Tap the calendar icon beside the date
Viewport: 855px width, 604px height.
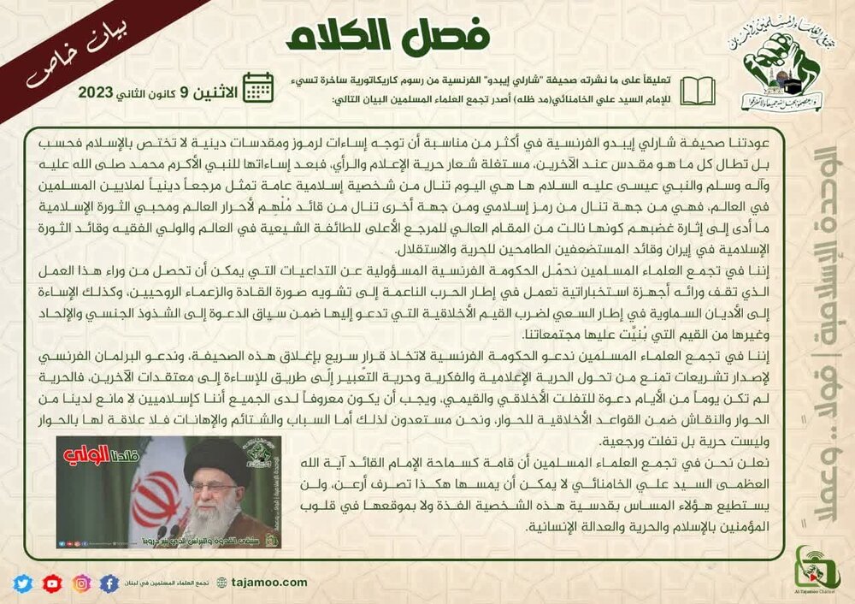pos(258,88)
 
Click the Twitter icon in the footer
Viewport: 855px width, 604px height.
pos(23,583)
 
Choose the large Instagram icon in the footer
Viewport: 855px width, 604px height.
pos(81,583)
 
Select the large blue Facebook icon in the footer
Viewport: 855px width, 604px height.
pos(109,583)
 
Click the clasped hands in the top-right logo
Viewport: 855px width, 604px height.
pos(765,73)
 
